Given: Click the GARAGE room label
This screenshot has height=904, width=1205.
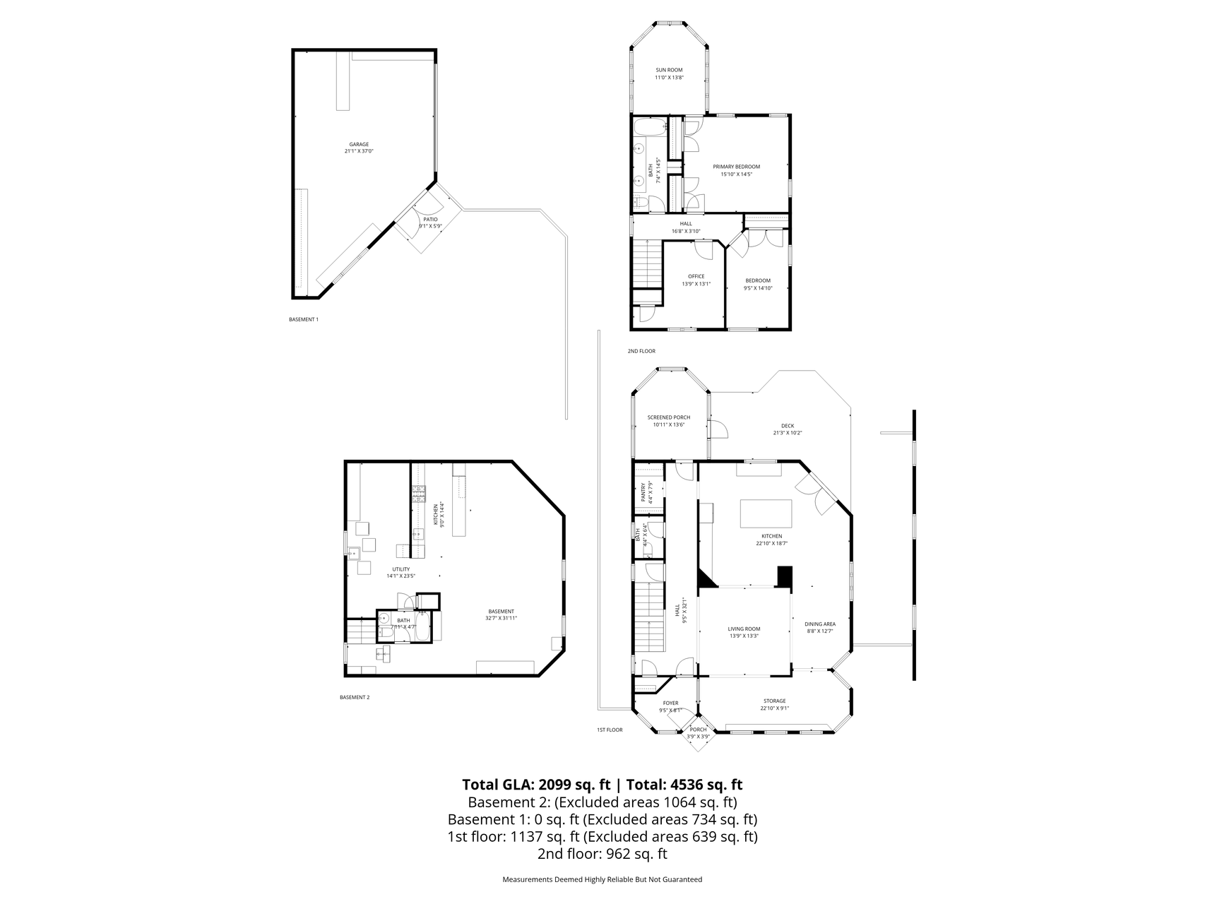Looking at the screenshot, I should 359,144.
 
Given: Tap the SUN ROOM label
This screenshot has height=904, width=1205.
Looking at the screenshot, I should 669,70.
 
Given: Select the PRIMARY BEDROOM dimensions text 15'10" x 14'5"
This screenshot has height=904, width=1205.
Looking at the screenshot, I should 736,174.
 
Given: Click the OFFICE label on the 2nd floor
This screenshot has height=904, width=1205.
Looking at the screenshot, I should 696,276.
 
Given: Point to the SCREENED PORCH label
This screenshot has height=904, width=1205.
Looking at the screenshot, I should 668,417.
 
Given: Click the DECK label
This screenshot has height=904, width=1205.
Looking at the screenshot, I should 787,426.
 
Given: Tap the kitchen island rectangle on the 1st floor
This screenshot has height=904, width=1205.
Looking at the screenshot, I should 766,513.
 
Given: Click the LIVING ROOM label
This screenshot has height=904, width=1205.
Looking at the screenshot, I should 744,629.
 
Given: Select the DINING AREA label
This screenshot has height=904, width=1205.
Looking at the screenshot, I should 820,624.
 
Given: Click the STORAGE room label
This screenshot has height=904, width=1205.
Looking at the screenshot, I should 774,701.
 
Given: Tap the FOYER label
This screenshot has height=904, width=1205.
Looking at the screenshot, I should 670,703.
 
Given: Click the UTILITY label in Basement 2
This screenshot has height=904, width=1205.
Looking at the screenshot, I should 400,569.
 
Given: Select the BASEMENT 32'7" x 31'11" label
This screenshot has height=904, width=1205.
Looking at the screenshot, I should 501,612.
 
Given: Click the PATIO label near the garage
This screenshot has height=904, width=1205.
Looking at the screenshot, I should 430,220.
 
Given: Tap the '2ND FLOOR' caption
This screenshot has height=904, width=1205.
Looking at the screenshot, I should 641,351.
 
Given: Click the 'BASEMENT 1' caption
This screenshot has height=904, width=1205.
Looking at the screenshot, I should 303,319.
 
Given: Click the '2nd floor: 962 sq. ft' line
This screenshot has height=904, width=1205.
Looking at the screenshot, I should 602,853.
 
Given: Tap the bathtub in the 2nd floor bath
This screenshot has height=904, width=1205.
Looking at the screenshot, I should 649,129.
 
